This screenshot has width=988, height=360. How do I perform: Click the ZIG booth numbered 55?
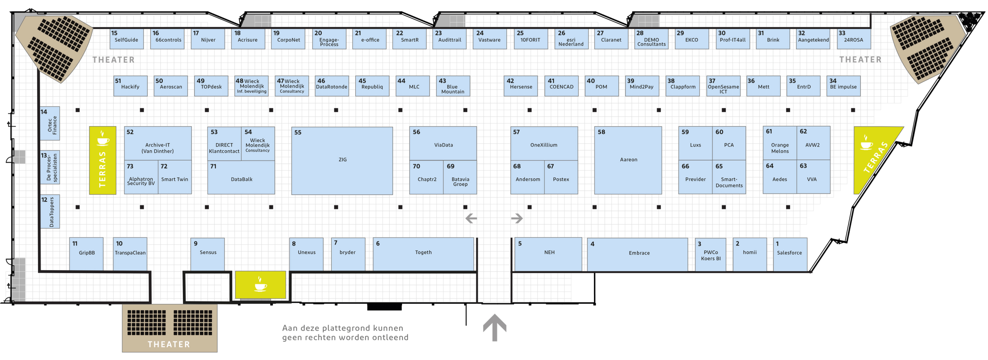(x=342, y=161)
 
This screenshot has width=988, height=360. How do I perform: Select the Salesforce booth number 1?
(x=790, y=254)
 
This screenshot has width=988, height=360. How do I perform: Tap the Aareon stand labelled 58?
(x=628, y=160)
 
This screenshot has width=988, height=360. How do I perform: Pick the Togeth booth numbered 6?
(x=423, y=254)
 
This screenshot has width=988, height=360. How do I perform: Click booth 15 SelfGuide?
(x=127, y=39)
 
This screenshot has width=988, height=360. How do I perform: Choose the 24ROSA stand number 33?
(x=854, y=39)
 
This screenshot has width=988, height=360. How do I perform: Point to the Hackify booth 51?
(x=130, y=86)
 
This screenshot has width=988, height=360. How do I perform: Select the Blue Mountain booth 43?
(x=453, y=86)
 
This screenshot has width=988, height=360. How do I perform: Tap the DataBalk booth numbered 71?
(x=241, y=177)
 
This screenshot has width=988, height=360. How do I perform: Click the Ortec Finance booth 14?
(x=50, y=123)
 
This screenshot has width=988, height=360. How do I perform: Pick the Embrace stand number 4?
(x=637, y=254)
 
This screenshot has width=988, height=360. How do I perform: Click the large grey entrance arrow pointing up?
(x=494, y=327)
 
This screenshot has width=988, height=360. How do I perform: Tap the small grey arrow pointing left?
(x=471, y=218)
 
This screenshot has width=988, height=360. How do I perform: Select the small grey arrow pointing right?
(x=517, y=218)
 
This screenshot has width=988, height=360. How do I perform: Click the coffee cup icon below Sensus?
(x=261, y=284)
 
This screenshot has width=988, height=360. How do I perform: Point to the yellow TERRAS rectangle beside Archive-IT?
(x=103, y=160)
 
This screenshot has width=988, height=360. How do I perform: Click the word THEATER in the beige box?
(x=169, y=344)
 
